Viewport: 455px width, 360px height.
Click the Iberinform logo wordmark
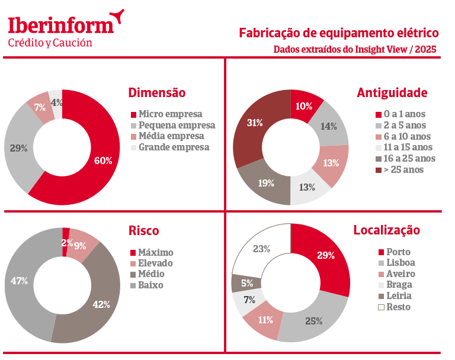(60, 25)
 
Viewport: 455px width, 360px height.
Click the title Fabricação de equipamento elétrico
(338, 33)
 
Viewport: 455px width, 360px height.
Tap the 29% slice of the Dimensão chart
(19, 148)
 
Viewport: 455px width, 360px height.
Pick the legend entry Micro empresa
(170, 114)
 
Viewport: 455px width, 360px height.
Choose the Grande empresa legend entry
(174, 147)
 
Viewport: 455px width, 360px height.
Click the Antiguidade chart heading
(392, 93)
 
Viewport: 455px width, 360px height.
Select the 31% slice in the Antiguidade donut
(255, 123)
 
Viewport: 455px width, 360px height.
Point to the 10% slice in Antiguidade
(304, 107)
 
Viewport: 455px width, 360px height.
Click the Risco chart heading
(143, 231)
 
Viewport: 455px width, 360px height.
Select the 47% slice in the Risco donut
(21, 281)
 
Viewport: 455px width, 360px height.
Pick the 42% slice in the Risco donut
(101, 304)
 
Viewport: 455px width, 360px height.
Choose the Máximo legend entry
(155, 253)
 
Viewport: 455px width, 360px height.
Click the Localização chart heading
(386, 230)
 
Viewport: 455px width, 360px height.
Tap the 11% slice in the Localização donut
(265, 320)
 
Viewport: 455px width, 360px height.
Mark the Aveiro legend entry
(400, 274)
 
